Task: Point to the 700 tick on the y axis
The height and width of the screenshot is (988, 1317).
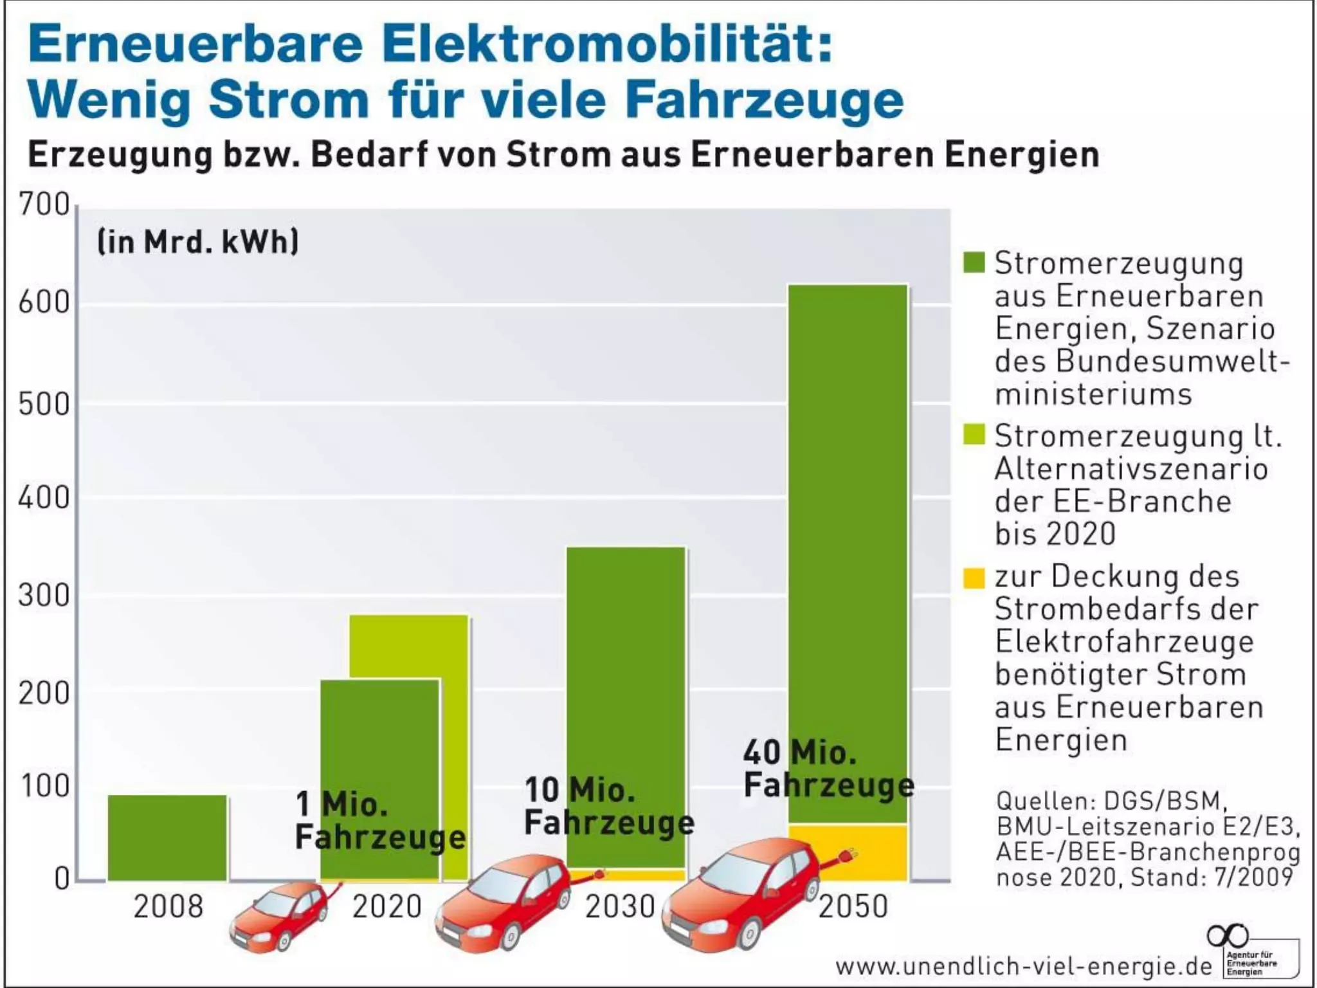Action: (x=44, y=205)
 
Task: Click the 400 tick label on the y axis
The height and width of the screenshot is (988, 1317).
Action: (x=44, y=498)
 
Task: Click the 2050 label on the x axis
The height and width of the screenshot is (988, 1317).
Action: (x=853, y=906)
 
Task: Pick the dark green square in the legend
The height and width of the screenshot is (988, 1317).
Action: (x=974, y=262)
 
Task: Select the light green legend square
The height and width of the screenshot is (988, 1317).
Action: (x=974, y=434)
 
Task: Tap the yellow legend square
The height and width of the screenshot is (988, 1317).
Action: (x=974, y=577)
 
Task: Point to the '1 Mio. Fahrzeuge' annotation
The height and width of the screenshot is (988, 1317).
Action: (x=379, y=821)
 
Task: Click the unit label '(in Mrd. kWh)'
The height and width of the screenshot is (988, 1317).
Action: (x=197, y=242)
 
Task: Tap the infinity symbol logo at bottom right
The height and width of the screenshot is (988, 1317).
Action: (x=1227, y=935)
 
